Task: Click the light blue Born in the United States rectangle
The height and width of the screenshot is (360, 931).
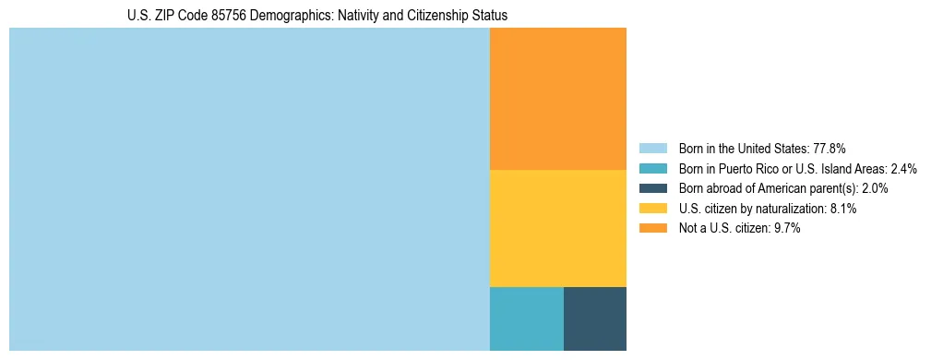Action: (x=249, y=189)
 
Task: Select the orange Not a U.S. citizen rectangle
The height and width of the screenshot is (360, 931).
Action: (x=557, y=99)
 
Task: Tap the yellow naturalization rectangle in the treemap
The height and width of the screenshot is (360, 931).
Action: (x=557, y=228)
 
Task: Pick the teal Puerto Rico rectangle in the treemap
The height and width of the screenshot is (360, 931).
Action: (x=526, y=318)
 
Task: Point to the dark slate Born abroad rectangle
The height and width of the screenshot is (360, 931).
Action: (x=594, y=318)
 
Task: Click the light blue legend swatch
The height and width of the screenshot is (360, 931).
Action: (x=652, y=148)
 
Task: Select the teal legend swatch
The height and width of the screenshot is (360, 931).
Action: (x=652, y=168)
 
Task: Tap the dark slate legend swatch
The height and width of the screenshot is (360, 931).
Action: (x=652, y=188)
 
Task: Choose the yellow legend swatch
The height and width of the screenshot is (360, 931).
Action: (x=652, y=209)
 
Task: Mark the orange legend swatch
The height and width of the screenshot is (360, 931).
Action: (x=652, y=228)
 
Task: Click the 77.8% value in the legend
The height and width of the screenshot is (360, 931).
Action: (x=830, y=148)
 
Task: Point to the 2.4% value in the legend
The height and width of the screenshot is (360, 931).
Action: (x=903, y=168)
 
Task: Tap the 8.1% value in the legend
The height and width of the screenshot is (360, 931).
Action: (x=843, y=209)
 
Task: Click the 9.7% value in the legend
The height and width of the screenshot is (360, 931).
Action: (x=787, y=228)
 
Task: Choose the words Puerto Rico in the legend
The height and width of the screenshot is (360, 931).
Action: (x=746, y=168)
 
